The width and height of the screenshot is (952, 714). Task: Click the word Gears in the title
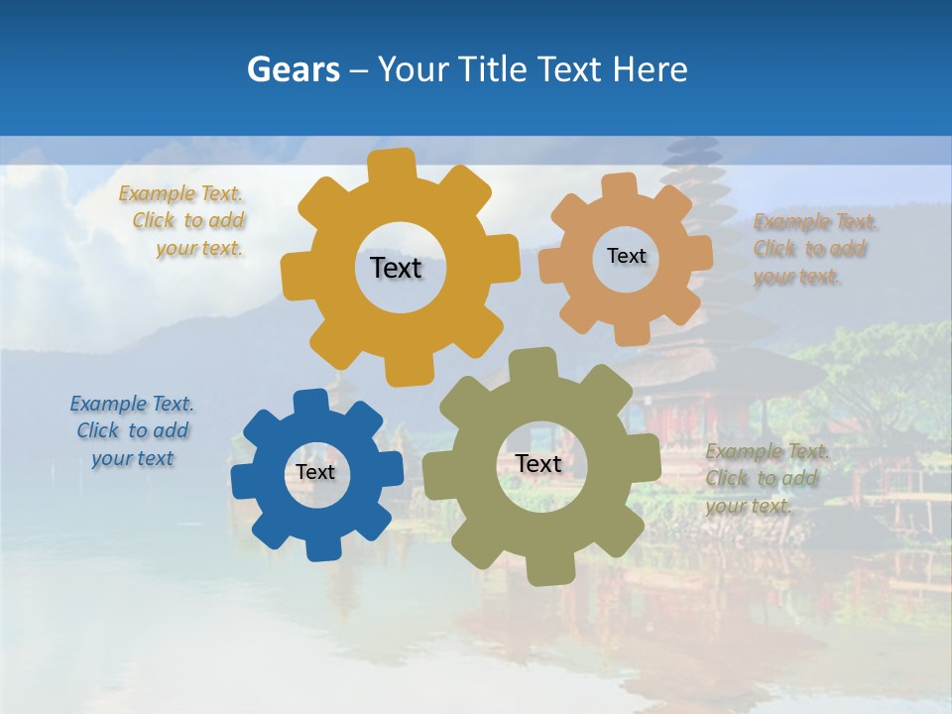coord(293,70)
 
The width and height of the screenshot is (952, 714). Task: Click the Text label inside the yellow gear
coord(396,268)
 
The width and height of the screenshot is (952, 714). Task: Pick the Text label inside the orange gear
coord(626,256)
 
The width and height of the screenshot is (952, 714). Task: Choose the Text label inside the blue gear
coord(315,472)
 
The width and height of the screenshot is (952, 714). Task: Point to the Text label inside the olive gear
coord(538,463)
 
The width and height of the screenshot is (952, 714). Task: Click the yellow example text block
coord(183,221)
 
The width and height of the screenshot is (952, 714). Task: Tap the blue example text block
coord(133,431)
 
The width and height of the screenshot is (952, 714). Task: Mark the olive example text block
coord(766,479)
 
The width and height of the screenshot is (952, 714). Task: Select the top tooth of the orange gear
coord(620,186)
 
